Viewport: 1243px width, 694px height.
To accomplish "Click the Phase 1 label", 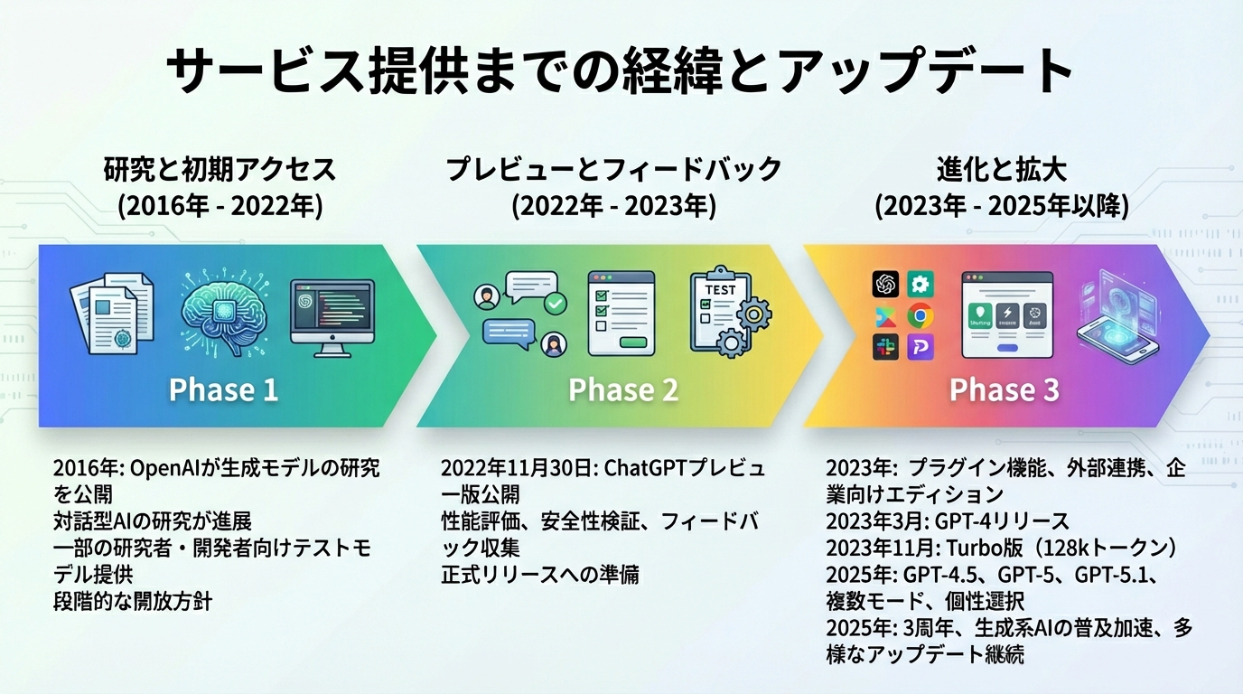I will click(x=223, y=389).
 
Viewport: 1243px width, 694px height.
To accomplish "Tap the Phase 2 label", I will click(x=622, y=389).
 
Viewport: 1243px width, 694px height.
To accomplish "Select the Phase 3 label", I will click(x=1004, y=389).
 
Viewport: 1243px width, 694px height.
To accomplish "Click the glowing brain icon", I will click(x=223, y=310).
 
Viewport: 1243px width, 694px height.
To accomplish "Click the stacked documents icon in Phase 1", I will click(x=112, y=312).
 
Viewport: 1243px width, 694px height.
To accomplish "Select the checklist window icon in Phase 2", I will click(x=620, y=313).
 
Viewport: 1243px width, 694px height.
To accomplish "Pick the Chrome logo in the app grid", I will click(x=920, y=315).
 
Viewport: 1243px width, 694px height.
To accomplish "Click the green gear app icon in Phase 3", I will click(x=920, y=285).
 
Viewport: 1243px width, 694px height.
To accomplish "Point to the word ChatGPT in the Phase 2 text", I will click(x=642, y=468).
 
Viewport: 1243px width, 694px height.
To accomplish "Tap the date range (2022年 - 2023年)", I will click(x=613, y=205).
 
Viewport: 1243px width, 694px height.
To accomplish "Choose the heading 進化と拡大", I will click(x=1000, y=169).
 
